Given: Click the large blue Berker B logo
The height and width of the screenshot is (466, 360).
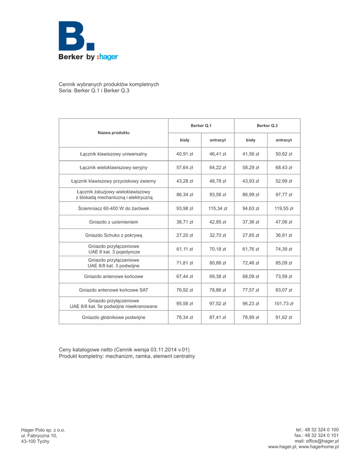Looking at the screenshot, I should (x=76, y=36).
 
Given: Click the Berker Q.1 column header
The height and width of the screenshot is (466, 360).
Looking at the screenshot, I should (x=201, y=125).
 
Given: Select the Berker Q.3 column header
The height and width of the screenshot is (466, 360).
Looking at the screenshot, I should (x=267, y=125).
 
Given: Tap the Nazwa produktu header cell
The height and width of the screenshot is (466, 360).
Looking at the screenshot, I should (x=113, y=133).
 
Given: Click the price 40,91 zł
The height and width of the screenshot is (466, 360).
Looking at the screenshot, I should (x=184, y=154).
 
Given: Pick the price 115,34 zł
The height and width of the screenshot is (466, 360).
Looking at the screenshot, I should (x=218, y=208).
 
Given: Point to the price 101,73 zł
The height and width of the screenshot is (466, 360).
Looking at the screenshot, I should (x=284, y=303).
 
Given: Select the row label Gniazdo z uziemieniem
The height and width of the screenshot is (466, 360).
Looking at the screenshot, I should (x=113, y=222).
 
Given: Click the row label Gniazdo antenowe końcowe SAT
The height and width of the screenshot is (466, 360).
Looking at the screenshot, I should (x=113, y=289).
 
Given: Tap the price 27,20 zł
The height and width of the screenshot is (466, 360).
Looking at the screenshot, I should (x=184, y=235).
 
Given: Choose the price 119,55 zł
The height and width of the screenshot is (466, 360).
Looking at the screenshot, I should (x=284, y=208).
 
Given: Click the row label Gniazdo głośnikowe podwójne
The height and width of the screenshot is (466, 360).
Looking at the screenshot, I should (x=113, y=317).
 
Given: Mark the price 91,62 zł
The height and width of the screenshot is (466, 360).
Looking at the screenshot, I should (x=284, y=317).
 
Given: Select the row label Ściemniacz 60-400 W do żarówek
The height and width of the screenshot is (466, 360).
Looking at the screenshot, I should (x=113, y=208).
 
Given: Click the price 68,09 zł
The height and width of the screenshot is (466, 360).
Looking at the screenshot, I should (x=251, y=276).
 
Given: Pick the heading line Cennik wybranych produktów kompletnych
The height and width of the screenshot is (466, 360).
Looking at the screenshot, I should (x=109, y=85).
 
